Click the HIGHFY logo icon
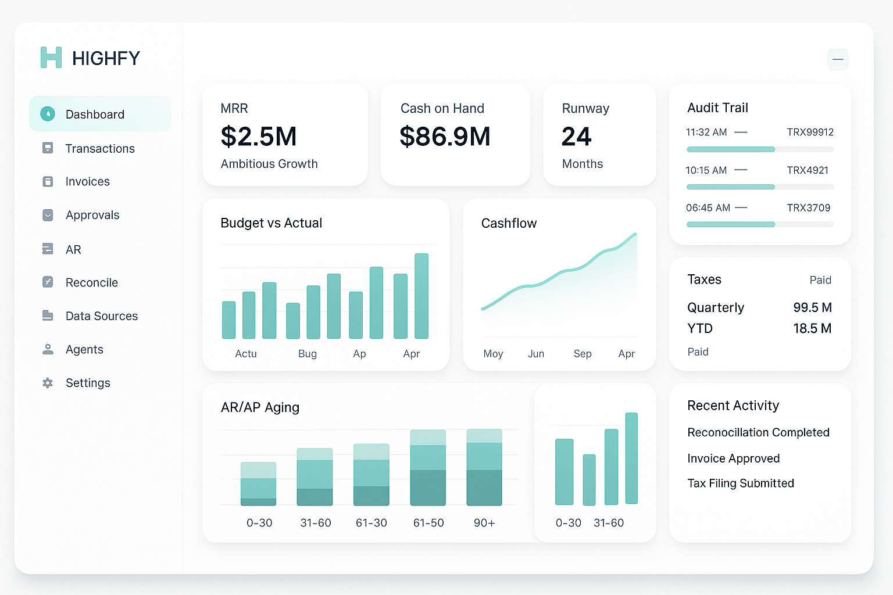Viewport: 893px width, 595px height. coord(51,58)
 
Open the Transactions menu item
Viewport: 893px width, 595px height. coord(99,149)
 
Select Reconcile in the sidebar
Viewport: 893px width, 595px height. coord(91,283)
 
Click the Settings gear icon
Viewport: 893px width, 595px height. coord(48,383)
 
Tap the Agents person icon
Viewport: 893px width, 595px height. coord(48,349)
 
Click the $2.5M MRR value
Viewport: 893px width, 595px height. coord(259,137)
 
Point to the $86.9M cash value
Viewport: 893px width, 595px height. coord(445,137)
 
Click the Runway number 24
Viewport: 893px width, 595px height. coord(576,137)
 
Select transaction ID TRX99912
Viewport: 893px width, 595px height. coord(810,132)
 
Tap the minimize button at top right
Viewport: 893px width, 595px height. coord(838,59)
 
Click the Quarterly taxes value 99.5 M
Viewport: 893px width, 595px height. coord(812,307)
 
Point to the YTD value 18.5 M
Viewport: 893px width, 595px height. coord(812,328)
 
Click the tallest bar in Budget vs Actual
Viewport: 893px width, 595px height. coord(422,296)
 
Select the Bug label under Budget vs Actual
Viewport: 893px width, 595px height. coord(308,354)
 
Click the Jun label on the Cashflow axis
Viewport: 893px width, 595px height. coord(536,354)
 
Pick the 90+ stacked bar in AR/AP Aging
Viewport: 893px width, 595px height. coord(484,467)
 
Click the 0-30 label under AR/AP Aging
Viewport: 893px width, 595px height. coord(259,523)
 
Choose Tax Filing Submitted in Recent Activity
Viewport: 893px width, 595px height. coord(741,483)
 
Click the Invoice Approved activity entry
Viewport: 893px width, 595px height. coord(733,458)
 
